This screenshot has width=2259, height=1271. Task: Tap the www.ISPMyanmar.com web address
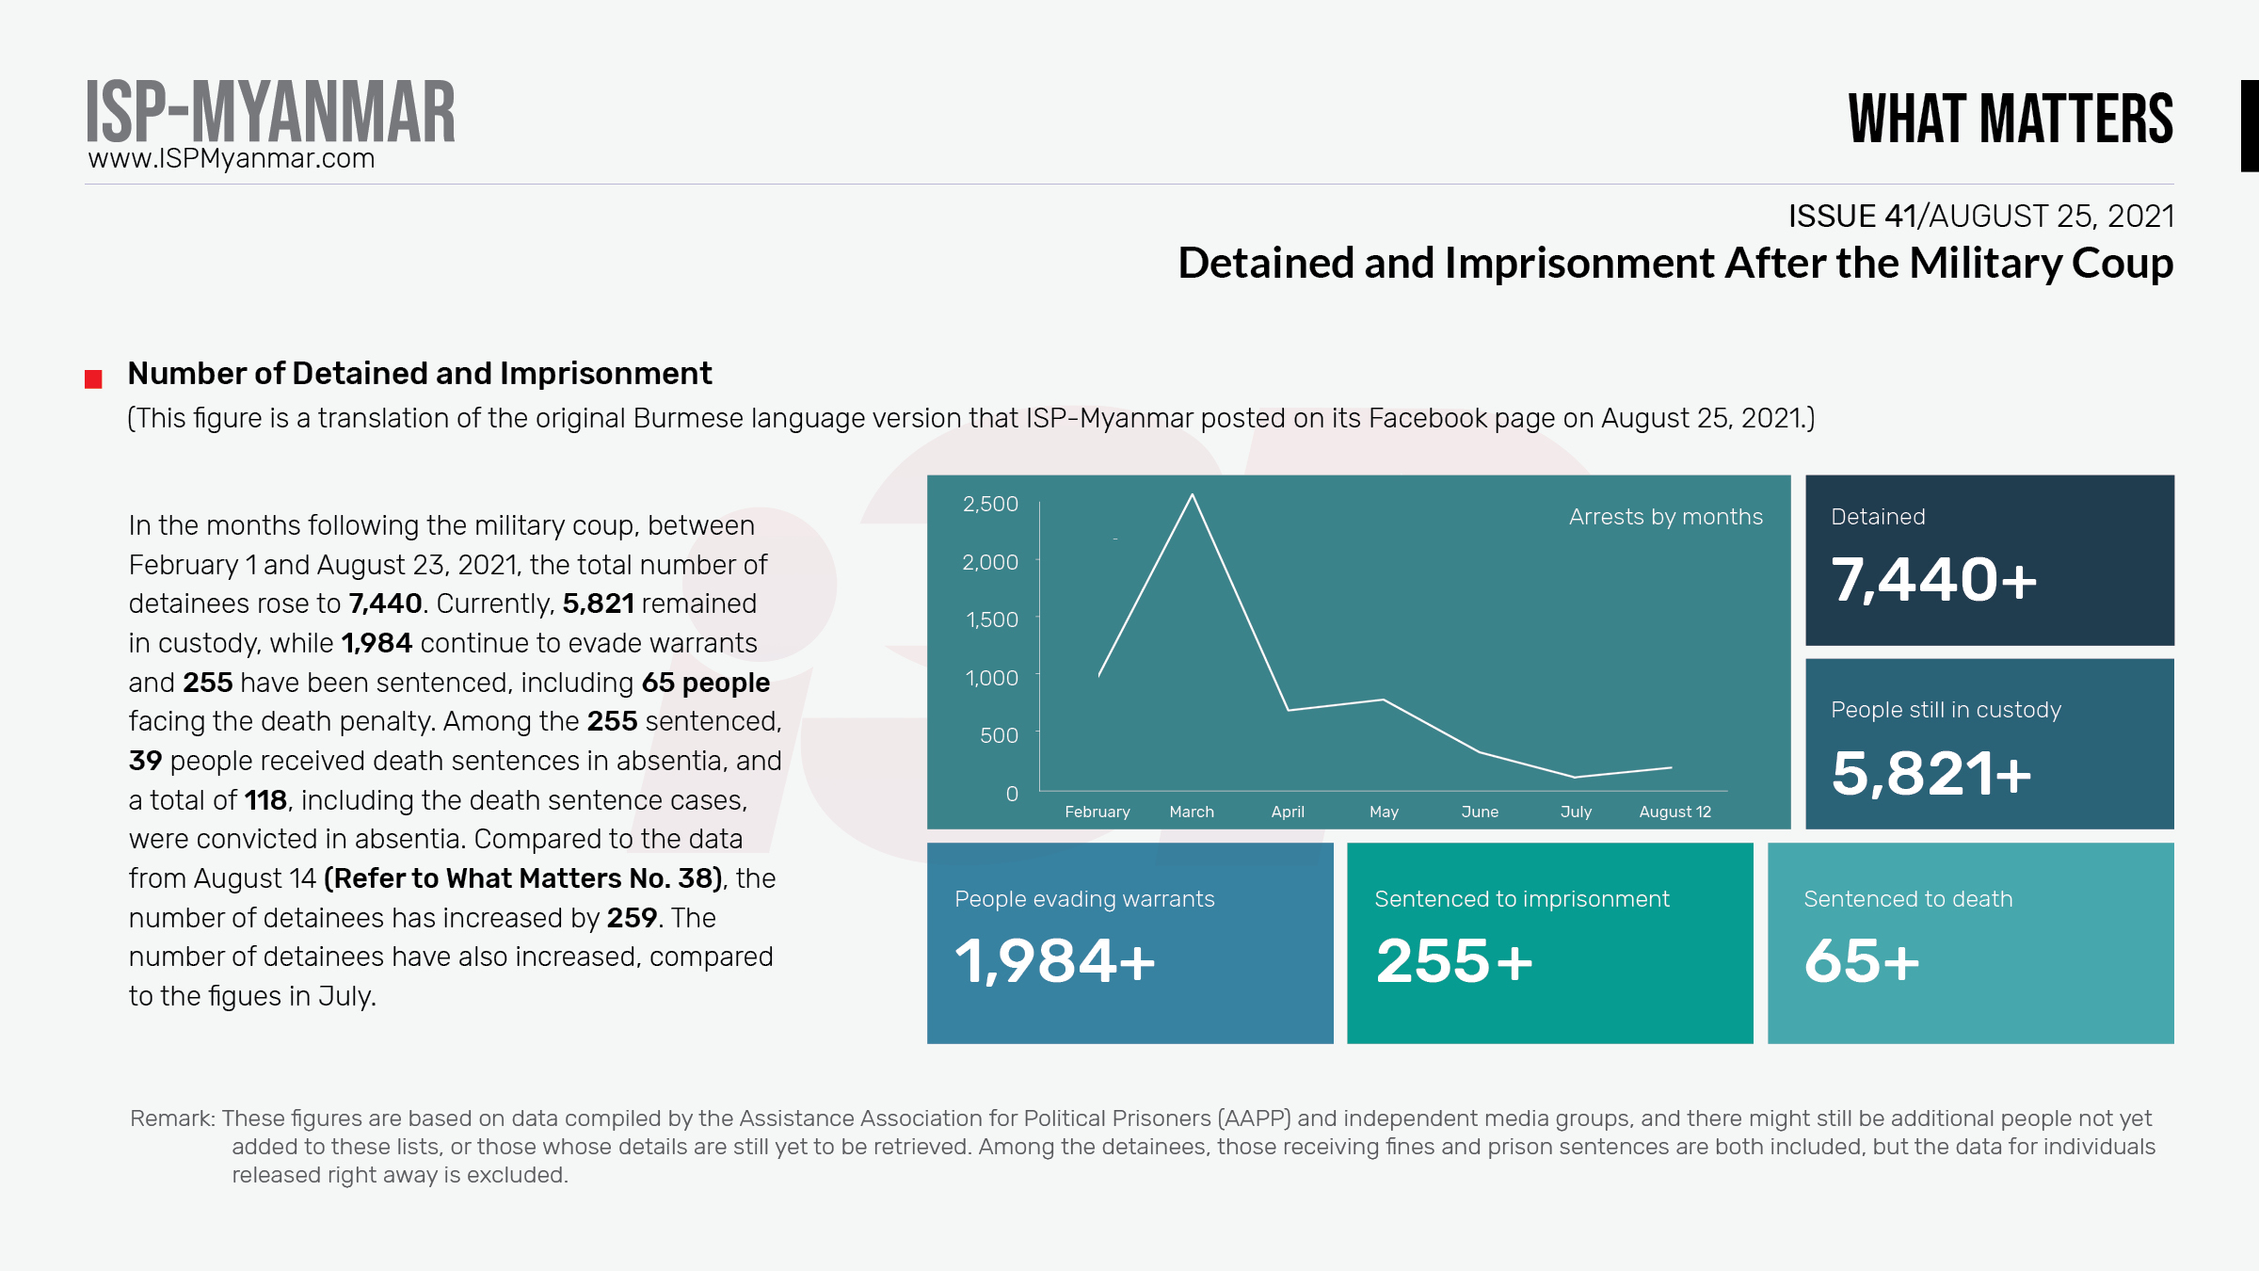(232, 158)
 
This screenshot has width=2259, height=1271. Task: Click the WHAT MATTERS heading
(2011, 119)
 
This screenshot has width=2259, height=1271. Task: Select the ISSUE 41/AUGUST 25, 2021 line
(1980, 217)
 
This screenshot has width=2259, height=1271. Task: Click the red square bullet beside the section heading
(93, 379)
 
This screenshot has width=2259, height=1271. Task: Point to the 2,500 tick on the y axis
(990, 504)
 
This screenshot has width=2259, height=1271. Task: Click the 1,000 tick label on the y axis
(991, 678)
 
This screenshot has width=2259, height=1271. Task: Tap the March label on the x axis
(1192, 812)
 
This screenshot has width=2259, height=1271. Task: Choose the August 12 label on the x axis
(1674, 812)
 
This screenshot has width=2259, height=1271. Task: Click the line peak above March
(1193, 495)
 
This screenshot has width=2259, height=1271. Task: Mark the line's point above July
(1576, 777)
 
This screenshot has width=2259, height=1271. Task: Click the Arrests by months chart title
(1665, 517)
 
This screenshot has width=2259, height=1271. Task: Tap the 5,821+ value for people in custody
(1931, 773)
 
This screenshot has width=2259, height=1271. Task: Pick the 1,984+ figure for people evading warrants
(1054, 961)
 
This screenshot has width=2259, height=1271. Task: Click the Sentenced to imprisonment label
(1521, 899)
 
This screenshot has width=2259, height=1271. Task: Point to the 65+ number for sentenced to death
(1861, 961)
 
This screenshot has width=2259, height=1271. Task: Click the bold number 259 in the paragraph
(632, 918)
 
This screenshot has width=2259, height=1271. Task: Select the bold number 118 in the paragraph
(265, 800)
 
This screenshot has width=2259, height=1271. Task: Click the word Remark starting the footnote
(171, 1118)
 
